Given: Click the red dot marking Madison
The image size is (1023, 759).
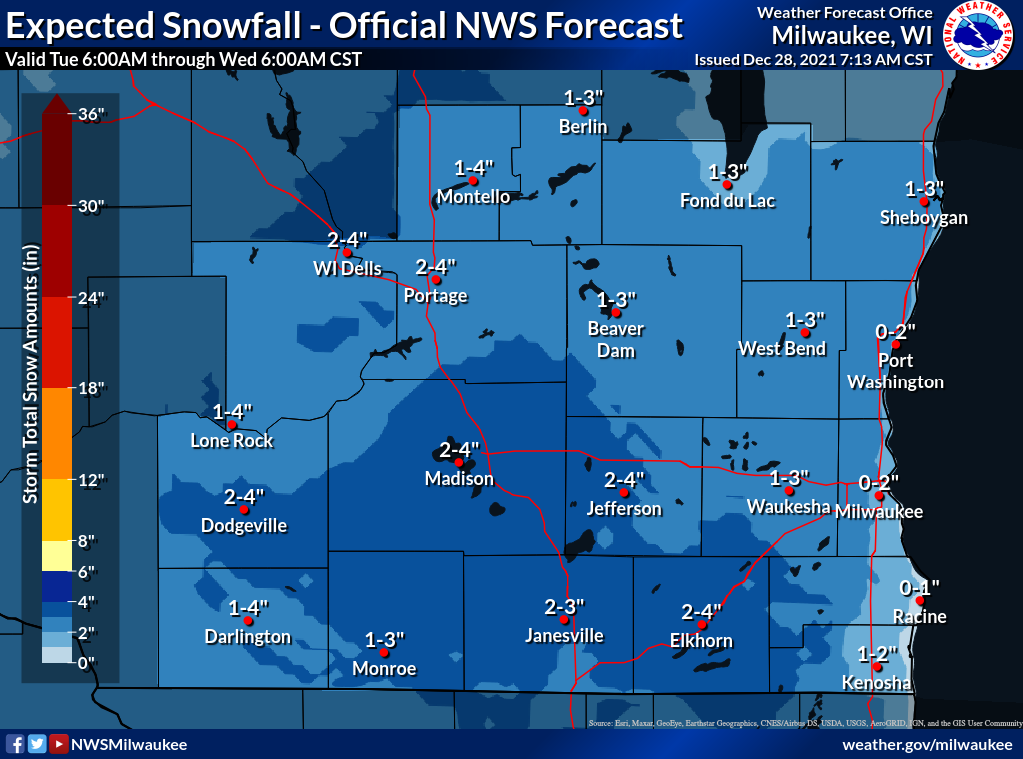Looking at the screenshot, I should coord(459,462).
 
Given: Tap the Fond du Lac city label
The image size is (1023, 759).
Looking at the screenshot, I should coord(727,201).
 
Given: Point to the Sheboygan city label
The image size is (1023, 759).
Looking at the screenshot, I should coord(923,218).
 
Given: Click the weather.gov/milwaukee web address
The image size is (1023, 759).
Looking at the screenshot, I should coord(927,745).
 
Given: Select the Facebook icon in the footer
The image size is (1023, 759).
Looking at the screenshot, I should coord(15,744).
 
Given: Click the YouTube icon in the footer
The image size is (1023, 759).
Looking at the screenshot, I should coord(59,744).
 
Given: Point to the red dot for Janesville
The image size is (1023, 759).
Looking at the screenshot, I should coord(564,619).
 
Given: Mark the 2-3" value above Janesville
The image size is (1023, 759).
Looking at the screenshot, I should coord(564,606).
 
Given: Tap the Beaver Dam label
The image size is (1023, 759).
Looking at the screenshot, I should coord(615,340).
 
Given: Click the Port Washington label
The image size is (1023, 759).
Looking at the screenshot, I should coord(895,372).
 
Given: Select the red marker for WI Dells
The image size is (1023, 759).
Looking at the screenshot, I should coord(347,253).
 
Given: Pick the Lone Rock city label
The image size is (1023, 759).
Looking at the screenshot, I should coord(232,441).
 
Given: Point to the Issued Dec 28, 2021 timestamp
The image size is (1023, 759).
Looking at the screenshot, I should coord(813,60).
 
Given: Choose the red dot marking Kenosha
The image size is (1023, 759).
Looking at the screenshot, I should coord(876,667).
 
